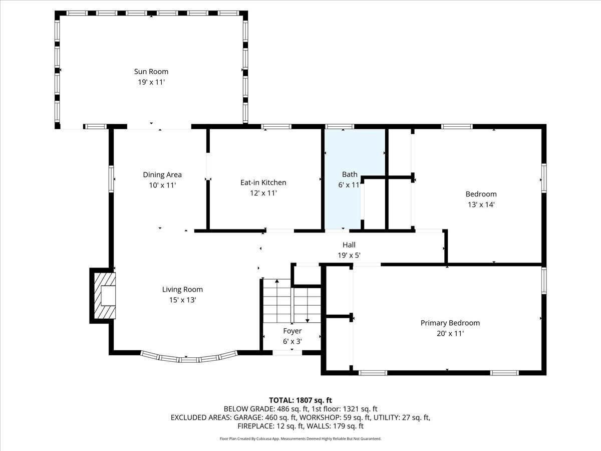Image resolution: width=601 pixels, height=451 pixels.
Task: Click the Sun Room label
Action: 151,72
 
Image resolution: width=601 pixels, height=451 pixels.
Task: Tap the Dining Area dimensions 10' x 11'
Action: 162,185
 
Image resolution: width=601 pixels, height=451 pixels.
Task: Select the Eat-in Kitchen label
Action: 263,182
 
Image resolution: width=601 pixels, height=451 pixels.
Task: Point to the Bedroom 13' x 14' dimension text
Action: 481,204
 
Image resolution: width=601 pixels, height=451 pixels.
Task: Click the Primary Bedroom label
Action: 450,323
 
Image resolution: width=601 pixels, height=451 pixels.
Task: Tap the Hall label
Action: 349,245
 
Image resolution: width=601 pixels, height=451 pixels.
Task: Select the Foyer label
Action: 292,331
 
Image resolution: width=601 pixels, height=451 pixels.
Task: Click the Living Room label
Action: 182,289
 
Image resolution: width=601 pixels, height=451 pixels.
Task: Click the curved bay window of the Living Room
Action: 189,358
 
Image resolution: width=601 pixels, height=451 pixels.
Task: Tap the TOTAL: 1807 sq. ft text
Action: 300,400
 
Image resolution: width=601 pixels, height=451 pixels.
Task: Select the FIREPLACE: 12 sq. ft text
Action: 269,426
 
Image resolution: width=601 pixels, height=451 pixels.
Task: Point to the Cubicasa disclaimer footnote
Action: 300,438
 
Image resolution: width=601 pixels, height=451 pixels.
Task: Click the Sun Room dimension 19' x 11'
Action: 151,82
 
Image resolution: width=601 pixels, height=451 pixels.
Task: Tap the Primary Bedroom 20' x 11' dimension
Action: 450,333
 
